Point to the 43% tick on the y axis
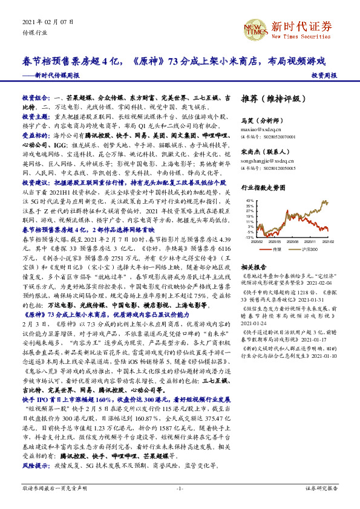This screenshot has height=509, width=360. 250,199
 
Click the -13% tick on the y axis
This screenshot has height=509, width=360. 249,238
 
